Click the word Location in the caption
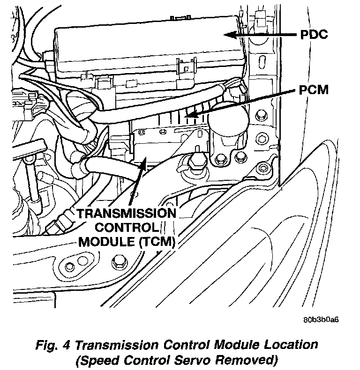click(x=290, y=346)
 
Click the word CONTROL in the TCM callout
click(x=127, y=228)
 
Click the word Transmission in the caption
click(x=125, y=346)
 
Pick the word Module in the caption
click(x=236, y=346)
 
